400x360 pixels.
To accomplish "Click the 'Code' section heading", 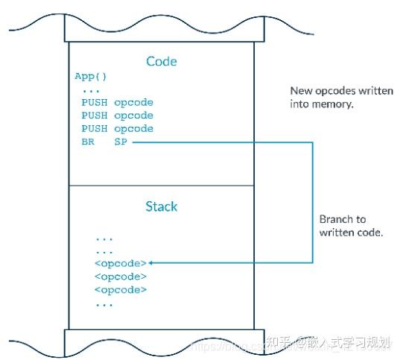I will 162,61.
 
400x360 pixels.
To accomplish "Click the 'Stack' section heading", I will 162,206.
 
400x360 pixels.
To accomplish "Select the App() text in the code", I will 90,77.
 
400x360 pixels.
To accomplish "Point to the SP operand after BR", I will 121,142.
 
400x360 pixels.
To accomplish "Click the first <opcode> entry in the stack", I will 121,263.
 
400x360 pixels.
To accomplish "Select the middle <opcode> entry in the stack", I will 121,277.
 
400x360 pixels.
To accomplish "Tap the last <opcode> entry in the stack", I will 121,290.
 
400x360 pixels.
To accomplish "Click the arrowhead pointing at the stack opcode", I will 153,263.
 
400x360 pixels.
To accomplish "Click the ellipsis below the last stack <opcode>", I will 104,304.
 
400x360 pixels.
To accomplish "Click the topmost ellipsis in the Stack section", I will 104,239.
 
